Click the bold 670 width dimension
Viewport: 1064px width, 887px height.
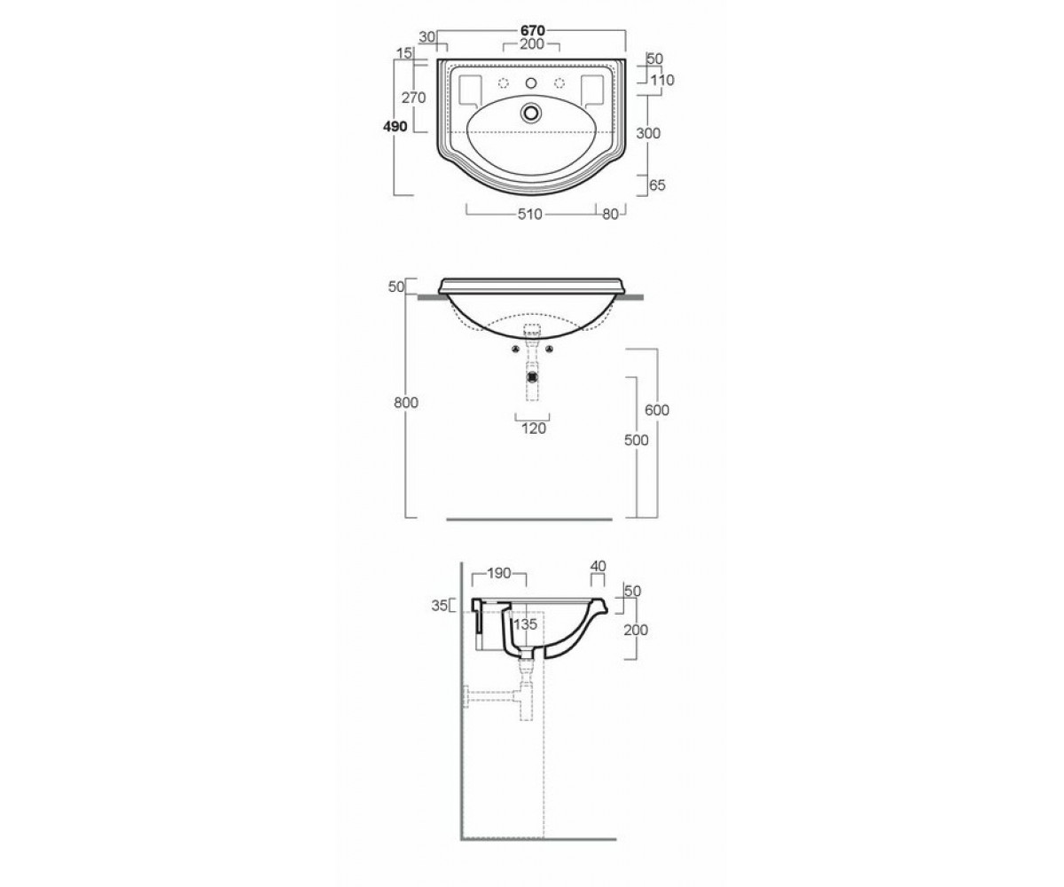click(x=533, y=30)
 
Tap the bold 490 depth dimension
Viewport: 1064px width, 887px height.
click(x=395, y=126)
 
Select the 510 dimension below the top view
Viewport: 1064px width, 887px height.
click(x=530, y=214)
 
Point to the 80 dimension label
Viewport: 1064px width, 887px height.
click(x=610, y=214)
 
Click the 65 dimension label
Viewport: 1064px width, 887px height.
click(x=657, y=185)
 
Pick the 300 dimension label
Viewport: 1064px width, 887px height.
click(x=648, y=133)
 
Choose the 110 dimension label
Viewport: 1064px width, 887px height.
click(x=662, y=80)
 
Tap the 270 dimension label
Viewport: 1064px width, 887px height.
click(x=413, y=98)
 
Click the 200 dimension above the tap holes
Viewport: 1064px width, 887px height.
click(x=532, y=44)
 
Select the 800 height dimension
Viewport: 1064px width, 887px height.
click(x=406, y=403)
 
